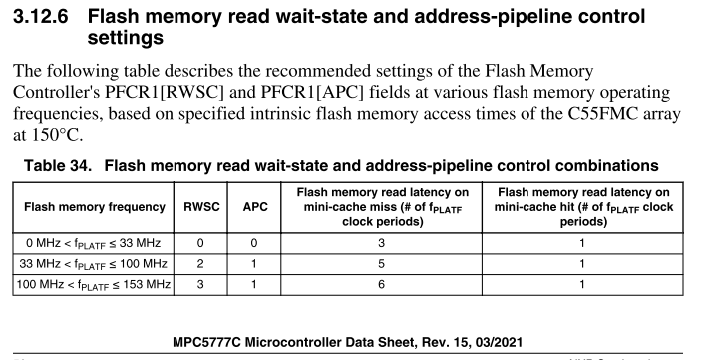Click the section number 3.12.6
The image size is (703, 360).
[x=42, y=18]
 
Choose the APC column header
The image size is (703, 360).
[x=255, y=207]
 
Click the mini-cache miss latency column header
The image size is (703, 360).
[x=383, y=207]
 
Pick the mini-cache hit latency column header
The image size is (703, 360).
[x=582, y=207]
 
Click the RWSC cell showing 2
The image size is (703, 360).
[x=201, y=264]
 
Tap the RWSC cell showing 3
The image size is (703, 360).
[x=201, y=286]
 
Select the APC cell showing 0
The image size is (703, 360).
[x=255, y=242]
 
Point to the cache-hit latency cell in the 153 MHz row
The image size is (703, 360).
[x=582, y=286]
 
